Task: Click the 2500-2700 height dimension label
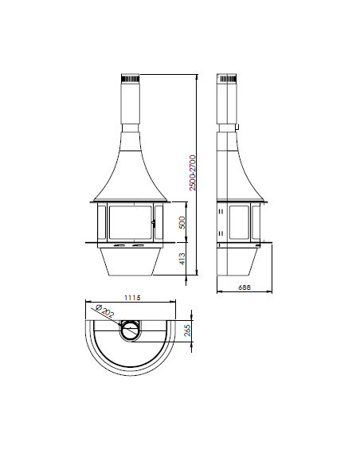[x=193, y=173]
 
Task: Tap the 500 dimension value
[x=182, y=222]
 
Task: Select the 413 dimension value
[x=182, y=259]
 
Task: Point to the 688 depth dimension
[x=245, y=287]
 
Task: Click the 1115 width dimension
[x=132, y=298]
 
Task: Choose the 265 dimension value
[x=187, y=330]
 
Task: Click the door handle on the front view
[x=153, y=223]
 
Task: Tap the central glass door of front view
[x=130, y=222]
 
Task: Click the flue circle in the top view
[x=130, y=321]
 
